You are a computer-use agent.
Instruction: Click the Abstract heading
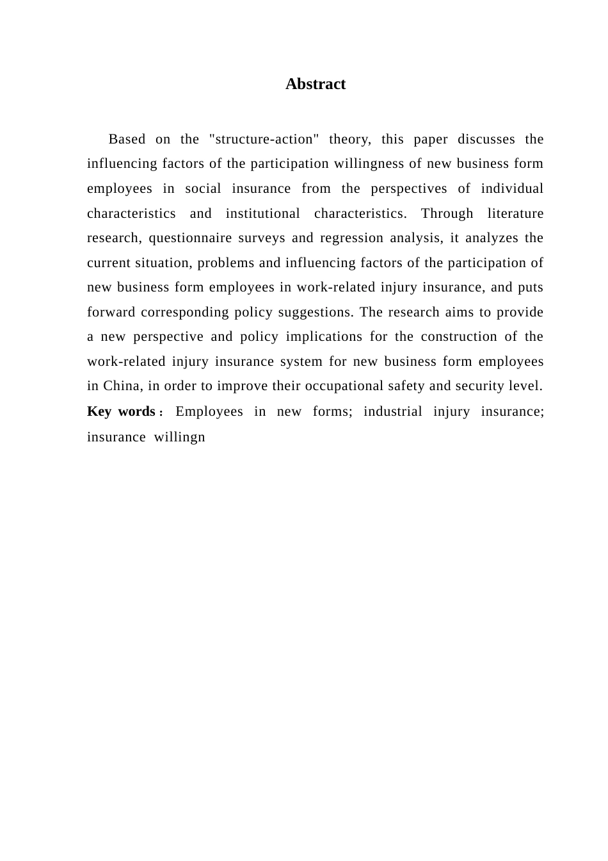(316, 85)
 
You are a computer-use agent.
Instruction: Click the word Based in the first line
(127, 139)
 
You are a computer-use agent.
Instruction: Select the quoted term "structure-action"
(264, 139)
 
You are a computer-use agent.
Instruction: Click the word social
(203, 188)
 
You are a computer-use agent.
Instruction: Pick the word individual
(512, 188)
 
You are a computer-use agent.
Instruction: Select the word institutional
(262, 213)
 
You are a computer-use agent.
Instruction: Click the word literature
(515, 213)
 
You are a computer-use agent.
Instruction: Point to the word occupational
(345, 386)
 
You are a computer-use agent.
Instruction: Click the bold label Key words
(121, 411)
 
